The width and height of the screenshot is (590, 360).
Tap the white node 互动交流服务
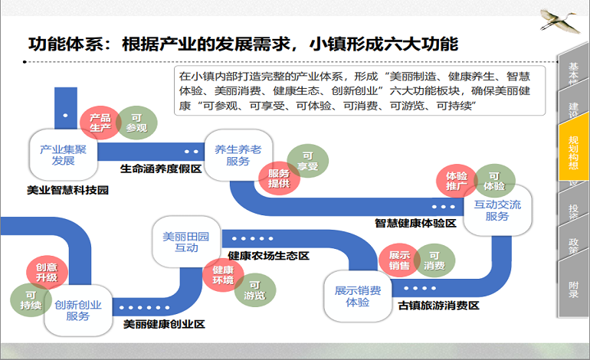[497, 210]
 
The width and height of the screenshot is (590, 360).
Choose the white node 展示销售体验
[357, 296]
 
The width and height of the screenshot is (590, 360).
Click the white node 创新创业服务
[77, 309]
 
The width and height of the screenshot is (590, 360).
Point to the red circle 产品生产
[100, 123]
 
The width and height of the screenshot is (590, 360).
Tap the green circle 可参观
[136, 123]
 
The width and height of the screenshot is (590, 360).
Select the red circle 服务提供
[279, 178]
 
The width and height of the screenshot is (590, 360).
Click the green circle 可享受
[309, 161]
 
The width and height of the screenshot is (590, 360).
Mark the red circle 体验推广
[457, 181]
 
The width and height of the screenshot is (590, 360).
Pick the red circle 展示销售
[399, 260]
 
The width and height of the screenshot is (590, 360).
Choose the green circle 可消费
[434, 260]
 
